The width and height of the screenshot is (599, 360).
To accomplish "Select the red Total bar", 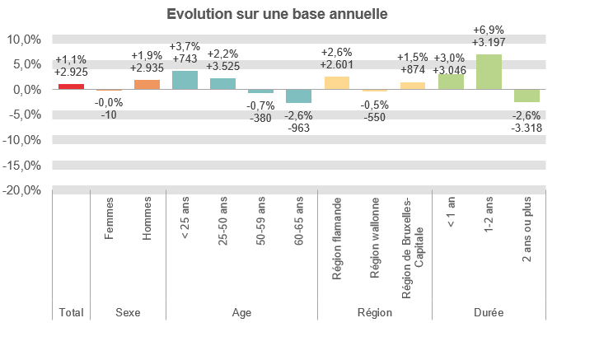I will [x=71, y=86].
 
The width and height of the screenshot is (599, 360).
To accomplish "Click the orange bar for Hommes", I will [x=147, y=84].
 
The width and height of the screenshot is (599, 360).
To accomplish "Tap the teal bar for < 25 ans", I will [x=185, y=79].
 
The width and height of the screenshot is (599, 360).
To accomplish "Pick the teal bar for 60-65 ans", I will [x=298, y=96].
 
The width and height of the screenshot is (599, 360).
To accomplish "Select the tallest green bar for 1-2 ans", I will [x=489, y=72].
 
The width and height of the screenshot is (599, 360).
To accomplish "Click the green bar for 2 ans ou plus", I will [x=526, y=96].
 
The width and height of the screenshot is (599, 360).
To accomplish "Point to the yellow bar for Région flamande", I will [x=337, y=82].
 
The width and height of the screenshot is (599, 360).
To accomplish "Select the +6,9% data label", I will [x=489, y=30].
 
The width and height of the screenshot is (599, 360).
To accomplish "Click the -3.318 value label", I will [x=526, y=129].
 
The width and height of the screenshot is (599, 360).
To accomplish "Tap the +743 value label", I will [x=185, y=59].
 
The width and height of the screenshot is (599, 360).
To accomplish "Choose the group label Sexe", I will [x=128, y=313].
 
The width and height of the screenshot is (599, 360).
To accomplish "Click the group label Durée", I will [x=489, y=313].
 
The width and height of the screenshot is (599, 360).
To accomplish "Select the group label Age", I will [x=241, y=313].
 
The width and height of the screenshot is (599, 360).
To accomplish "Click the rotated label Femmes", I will [x=109, y=223].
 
